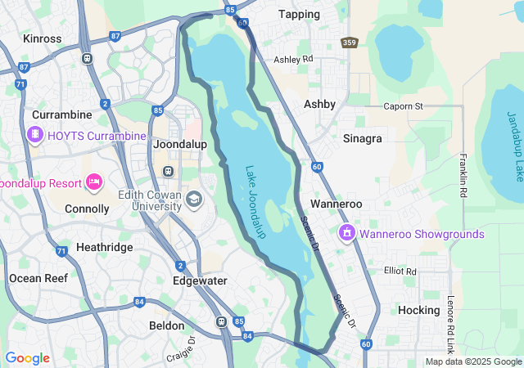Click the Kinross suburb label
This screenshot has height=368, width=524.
(43, 38)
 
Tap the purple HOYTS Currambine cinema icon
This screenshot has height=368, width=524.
(35, 135)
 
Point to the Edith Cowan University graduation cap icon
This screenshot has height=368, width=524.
(194, 199)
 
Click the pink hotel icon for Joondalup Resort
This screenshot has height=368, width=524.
(93, 181)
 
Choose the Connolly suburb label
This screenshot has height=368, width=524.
(88, 209)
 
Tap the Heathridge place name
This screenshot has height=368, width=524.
(104, 246)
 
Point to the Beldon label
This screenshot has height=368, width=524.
(167, 325)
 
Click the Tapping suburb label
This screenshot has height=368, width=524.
(299, 14)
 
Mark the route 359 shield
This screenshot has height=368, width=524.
(350, 42)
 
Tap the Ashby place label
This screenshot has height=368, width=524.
(319, 104)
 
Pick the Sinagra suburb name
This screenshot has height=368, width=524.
(363, 138)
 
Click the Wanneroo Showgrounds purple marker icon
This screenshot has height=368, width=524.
(347, 234)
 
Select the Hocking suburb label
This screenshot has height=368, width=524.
(418, 310)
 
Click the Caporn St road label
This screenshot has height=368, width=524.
(404, 106)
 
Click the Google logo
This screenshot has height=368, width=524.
(27, 358)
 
